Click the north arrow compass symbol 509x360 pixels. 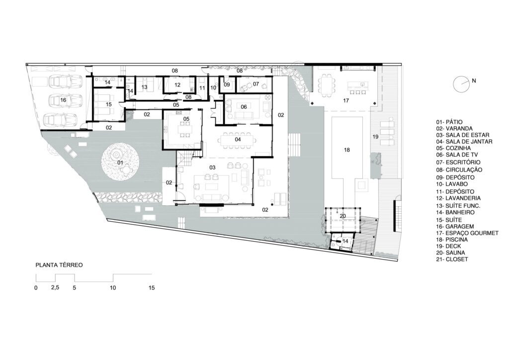(460, 84)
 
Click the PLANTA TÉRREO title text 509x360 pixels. (59, 265)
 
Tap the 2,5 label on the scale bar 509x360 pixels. (56, 287)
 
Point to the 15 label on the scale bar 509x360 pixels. (152, 287)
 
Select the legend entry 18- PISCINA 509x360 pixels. (452, 240)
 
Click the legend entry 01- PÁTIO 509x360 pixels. (449, 122)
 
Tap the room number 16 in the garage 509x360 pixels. (63, 100)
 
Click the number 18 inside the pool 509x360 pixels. (346, 150)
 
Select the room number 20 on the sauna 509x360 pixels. (342, 216)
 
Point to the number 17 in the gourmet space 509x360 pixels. (346, 100)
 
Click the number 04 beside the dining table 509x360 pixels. (238, 139)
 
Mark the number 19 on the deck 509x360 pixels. (375, 137)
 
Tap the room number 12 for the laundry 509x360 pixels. (177, 85)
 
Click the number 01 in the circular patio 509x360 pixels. (120, 162)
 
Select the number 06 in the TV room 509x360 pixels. (244, 106)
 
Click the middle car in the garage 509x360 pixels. (65, 100)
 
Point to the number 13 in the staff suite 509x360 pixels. (144, 87)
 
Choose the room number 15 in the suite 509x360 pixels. (109, 104)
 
